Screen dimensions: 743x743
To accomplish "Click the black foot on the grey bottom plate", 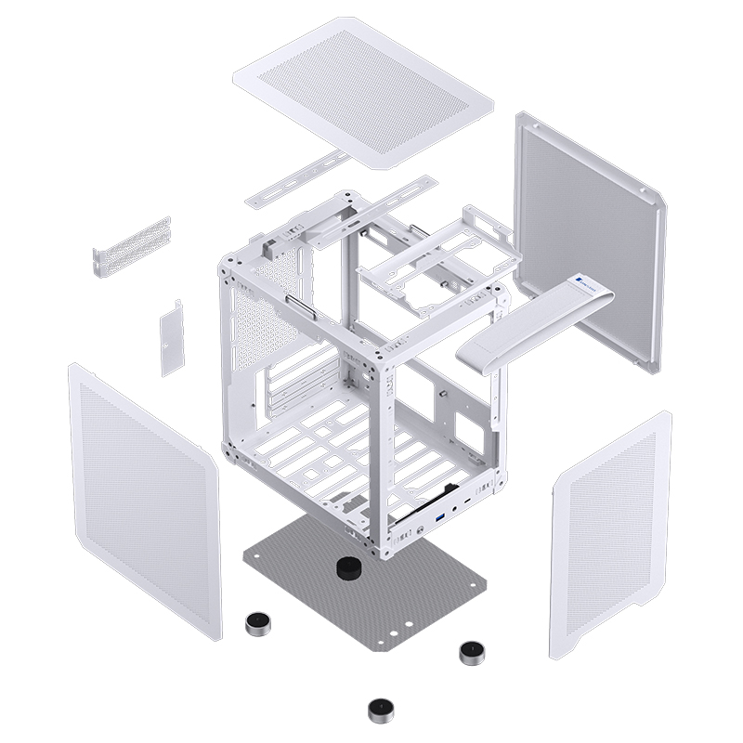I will click(x=347, y=567).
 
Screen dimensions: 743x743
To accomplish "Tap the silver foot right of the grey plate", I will click(x=472, y=652).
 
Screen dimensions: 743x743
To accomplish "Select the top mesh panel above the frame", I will click(x=362, y=88).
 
